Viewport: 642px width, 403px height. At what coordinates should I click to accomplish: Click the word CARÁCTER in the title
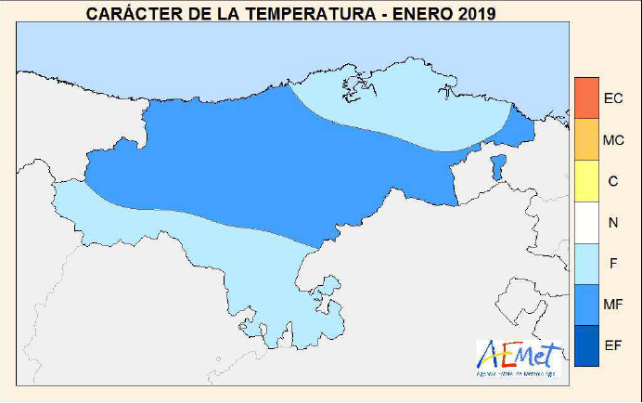tap(127, 14)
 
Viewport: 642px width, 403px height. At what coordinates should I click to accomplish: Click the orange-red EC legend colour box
tap(587, 97)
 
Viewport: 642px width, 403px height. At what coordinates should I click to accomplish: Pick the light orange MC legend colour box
tap(587, 139)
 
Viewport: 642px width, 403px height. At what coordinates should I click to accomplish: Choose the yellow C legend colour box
tap(587, 181)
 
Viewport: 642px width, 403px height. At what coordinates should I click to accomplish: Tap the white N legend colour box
tap(587, 222)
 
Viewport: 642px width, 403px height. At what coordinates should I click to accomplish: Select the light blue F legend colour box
tap(587, 263)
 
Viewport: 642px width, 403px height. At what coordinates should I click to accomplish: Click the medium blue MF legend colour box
tap(587, 304)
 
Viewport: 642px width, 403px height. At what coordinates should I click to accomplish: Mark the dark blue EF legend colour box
tap(587, 344)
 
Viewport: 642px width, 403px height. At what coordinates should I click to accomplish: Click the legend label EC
tap(613, 98)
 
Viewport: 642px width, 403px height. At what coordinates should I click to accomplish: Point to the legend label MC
tap(613, 140)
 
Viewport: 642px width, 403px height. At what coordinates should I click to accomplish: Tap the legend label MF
tap(613, 305)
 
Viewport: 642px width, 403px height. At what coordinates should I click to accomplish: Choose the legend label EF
tap(613, 345)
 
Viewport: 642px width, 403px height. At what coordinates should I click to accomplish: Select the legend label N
tap(613, 223)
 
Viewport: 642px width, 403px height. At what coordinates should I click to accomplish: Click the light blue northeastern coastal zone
tap(408, 102)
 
